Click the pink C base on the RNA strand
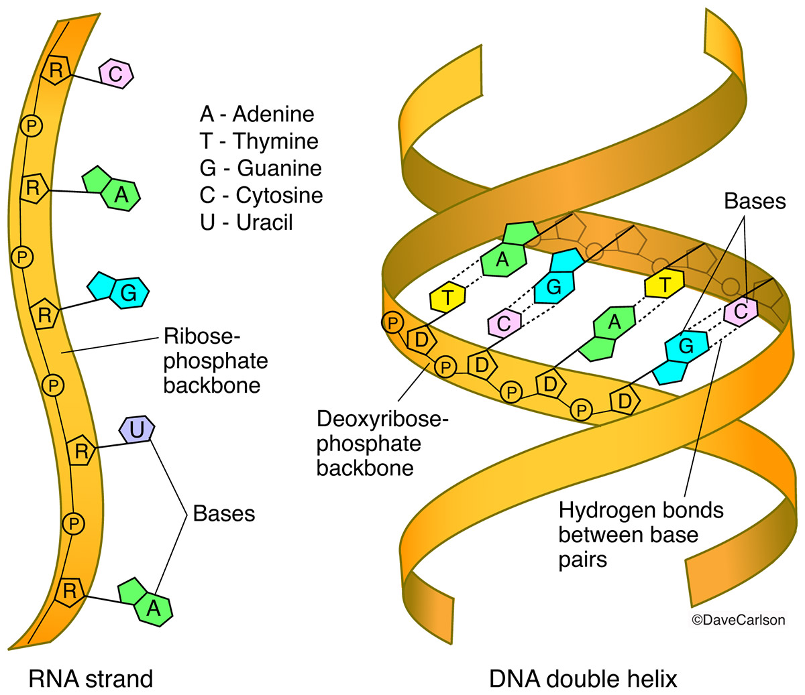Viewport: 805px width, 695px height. pos(116,74)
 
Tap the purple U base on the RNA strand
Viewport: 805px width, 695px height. pos(137,430)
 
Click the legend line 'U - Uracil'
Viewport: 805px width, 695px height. pos(246,222)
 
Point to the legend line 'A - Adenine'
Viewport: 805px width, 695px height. pos(257,114)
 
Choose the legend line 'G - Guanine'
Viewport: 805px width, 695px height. pos(260,168)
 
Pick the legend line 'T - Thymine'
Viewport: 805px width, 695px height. pos(259,141)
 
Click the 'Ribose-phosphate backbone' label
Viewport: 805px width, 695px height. pos(215,361)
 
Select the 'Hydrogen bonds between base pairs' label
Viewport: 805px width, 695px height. pos(641,535)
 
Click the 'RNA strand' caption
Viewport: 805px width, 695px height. pos(91,678)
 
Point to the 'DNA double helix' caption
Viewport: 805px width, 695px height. pos(583,678)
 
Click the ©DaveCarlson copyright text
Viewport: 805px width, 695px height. pos(737,620)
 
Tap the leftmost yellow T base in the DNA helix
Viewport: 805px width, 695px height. pos(447,297)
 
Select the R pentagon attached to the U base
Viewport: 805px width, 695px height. pos(81,450)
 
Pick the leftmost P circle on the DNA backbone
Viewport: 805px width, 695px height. pos(393,323)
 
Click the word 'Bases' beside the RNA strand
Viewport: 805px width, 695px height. pos(224,513)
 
